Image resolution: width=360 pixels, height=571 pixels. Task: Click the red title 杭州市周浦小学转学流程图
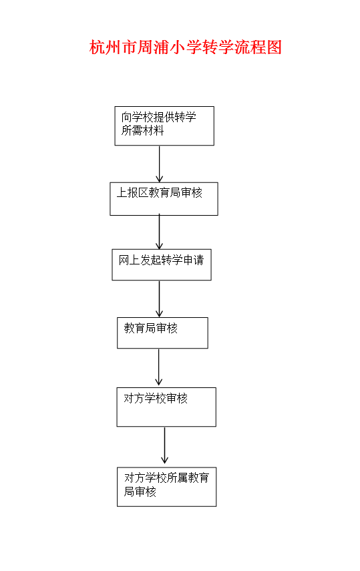(186, 47)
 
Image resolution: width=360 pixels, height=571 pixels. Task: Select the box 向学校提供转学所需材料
(164, 126)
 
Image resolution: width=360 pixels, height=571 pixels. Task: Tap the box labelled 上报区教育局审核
(164, 199)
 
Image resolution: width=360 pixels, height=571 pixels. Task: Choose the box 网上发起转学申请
(162, 264)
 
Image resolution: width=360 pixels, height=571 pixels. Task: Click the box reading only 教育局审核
(162, 333)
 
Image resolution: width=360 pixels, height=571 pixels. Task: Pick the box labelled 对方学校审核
(166, 407)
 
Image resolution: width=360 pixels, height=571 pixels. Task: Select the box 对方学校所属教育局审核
(166, 486)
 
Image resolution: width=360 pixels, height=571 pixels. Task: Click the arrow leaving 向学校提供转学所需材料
(159, 164)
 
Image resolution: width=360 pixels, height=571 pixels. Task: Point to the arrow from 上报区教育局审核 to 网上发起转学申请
(159, 232)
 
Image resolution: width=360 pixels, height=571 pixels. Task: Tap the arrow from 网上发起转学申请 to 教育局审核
(159, 299)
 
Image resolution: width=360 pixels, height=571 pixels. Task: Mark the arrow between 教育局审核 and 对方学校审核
(158, 367)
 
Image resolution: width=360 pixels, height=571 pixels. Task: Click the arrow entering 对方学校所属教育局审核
(165, 445)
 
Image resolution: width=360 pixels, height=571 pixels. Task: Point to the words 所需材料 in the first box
(142, 130)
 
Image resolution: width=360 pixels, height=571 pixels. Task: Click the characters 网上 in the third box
(130, 260)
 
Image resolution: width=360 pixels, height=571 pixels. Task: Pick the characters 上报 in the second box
(127, 192)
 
